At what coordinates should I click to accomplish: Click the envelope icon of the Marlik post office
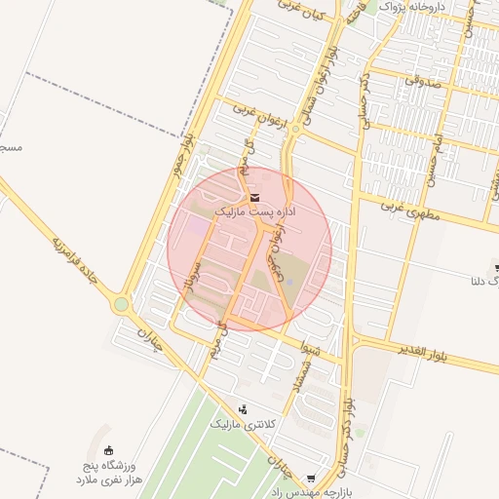tap(254, 198)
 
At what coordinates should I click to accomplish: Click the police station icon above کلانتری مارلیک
tap(243, 409)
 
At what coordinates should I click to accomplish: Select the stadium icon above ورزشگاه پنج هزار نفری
tap(108, 450)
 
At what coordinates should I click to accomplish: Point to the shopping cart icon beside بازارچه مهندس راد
tap(311, 479)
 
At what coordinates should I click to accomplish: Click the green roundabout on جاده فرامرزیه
tap(121, 305)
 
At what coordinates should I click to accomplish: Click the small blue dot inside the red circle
tap(288, 283)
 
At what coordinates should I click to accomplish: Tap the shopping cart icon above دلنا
tap(495, 265)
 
